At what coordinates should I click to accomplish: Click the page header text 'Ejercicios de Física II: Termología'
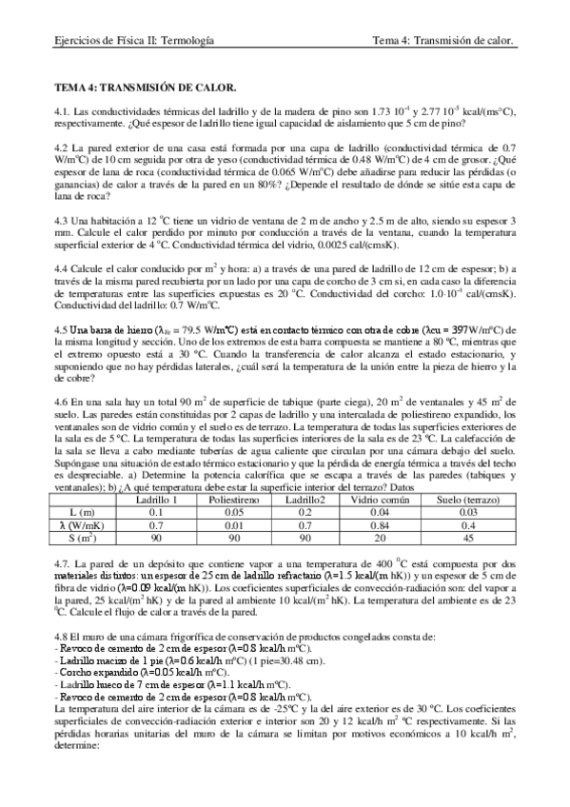133,41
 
